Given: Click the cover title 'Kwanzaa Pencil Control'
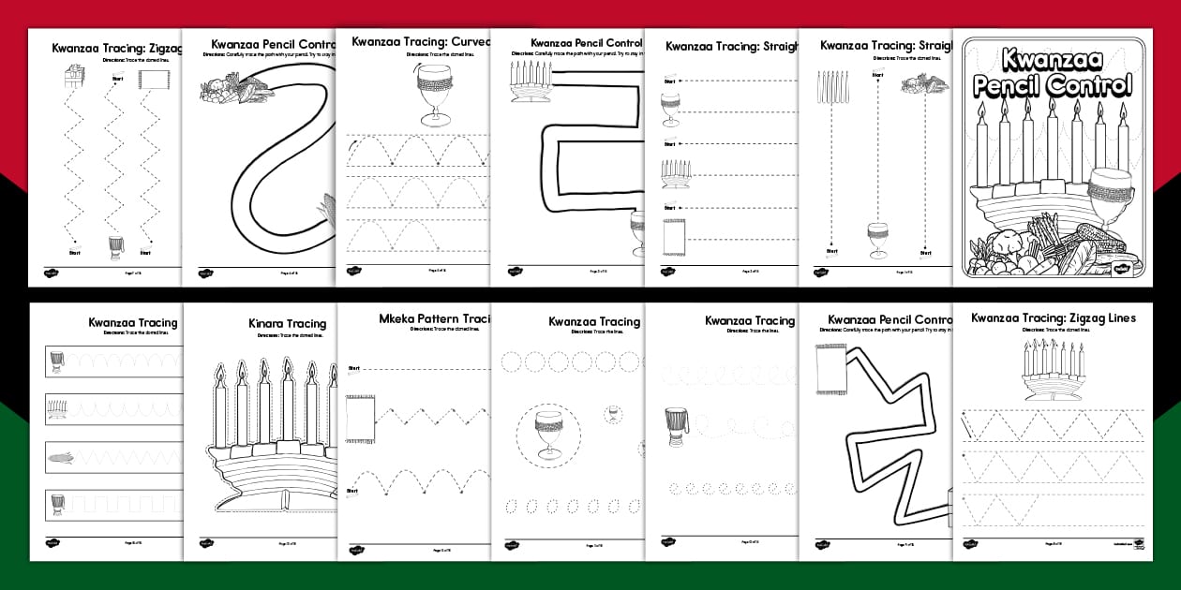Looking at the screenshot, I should tap(1052, 73).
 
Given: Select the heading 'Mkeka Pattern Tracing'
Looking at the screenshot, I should tap(435, 318).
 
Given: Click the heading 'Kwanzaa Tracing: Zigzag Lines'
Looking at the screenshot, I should tap(1053, 318).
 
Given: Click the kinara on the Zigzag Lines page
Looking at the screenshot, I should tap(1053, 370).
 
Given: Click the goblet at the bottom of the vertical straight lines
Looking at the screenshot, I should tap(877, 240).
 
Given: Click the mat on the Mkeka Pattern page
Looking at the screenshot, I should tap(359, 418).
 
